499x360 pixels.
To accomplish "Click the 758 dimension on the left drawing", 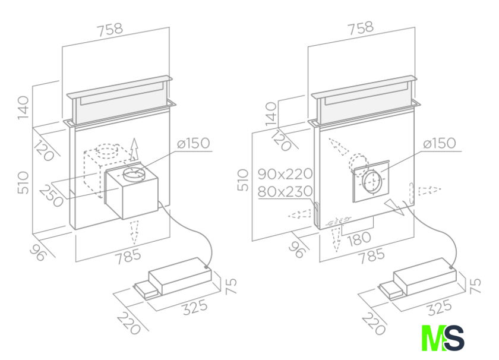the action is [x=110, y=29].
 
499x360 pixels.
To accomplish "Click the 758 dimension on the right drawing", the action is [x=361, y=28].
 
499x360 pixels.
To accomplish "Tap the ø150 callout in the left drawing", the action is [x=194, y=143].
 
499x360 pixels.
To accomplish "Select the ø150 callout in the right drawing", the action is [x=440, y=143].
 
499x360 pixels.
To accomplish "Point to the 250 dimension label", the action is [x=52, y=195].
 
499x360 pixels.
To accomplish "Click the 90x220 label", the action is [x=285, y=174].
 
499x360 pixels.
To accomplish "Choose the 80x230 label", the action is [x=285, y=191].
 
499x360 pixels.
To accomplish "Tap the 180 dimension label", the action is [x=359, y=239].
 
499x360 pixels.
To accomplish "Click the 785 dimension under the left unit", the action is [x=128, y=257].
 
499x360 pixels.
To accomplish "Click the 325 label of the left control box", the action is [x=195, y=307].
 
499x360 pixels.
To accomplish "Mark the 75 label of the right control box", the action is [x=475, y=286].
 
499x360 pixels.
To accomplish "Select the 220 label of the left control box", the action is [x=128, y=323].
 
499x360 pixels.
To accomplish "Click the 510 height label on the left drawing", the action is [x=23, y=183].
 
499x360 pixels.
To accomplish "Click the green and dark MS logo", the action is [x=443, y=337].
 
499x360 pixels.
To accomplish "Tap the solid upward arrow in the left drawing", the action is [x=134, y=150].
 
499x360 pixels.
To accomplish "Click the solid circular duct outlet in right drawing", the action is [x=372, y=181].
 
